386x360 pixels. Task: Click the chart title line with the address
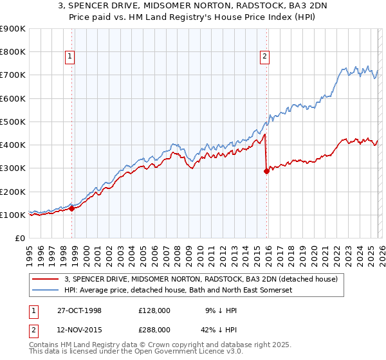[192, 6]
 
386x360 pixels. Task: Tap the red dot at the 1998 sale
[72, 208]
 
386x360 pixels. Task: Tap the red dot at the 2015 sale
[266, 171]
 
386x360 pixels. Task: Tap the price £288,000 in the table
[154, 329]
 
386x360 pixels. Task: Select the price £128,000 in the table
[154, 310]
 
